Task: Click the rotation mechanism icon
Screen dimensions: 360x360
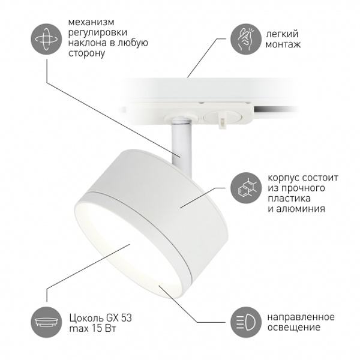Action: pyautogui.click(x=46, y=39)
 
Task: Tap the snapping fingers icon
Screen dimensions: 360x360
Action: pyautogui.click(x=246, y=39)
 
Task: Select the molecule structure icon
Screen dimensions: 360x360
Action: pyautogui.click(x=246, y=188)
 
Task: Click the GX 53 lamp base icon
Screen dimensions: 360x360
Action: pyautogui.click(x=46, y=322)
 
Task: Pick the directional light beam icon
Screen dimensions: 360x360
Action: pyautogui.click(x=246, y=322)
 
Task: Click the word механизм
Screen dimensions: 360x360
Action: pyautogui.click(x=91, y=22)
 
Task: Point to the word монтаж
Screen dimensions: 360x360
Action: pyautogui.click(x=283, y=44)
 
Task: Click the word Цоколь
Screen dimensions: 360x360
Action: pyautogui.click(x=86, y=318)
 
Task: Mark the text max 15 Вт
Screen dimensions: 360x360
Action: pyautogui.click(x=92, y=329)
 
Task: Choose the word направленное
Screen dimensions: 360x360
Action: pyautogui.click(x=301, y=317)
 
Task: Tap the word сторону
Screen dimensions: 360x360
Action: pyautogui.click(x=87, y=53)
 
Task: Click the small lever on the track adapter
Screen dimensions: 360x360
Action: pyautogui.click(x=221, y=123)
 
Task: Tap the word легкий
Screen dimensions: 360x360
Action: pyautogui.click(x=282, y=34)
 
